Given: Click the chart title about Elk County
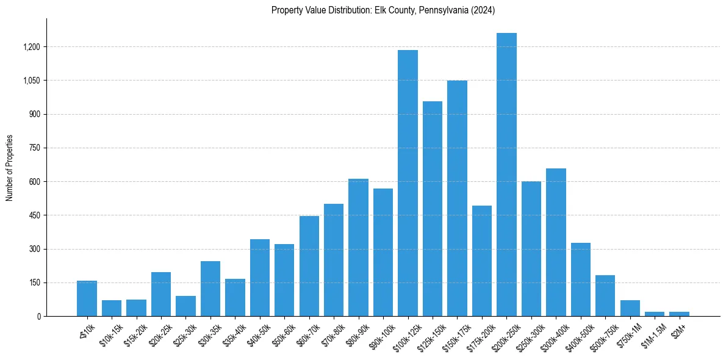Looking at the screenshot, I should coord(383,10).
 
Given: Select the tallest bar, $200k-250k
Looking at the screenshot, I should coord(506,175).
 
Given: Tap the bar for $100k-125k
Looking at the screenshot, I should coord(408,183).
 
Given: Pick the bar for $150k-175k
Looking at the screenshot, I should coord(457,198).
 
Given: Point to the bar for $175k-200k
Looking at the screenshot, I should coord(482,261).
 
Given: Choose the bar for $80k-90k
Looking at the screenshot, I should coord(358,248).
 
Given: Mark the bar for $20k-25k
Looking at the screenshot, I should coord(161,294).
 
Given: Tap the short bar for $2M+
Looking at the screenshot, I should coord(679,314).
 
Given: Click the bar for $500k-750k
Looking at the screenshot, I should coord(605,296).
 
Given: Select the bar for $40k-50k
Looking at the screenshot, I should coord(260,278).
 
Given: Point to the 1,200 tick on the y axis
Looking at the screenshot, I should coord(31,47).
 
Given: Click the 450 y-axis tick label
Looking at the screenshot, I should coord(34,215).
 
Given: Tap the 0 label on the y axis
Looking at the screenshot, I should coord(38,316).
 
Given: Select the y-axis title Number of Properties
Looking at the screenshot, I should coord(10,168).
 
